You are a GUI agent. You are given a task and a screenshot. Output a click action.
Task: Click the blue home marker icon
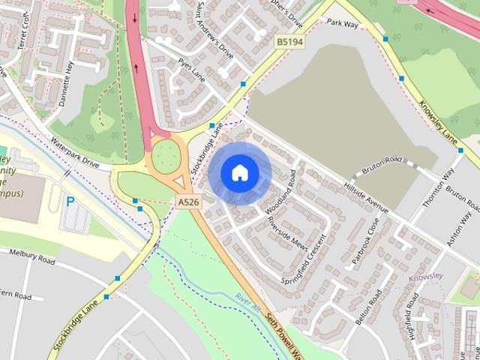pyautogui.click(x=239, y=172)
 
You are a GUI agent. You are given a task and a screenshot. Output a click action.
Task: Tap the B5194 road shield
pyautogui.click(x=289, y=43)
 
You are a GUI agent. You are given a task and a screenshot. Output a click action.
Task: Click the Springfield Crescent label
pyautogui.click(x=304, y=259)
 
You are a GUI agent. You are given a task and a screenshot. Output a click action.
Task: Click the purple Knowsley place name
pyautogui.click(x=426, y=277)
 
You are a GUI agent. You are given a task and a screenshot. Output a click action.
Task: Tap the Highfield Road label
pyautogui.click(x=413, y=316)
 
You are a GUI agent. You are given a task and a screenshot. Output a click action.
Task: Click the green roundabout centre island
pyautogui.click(x=166, y=156)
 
